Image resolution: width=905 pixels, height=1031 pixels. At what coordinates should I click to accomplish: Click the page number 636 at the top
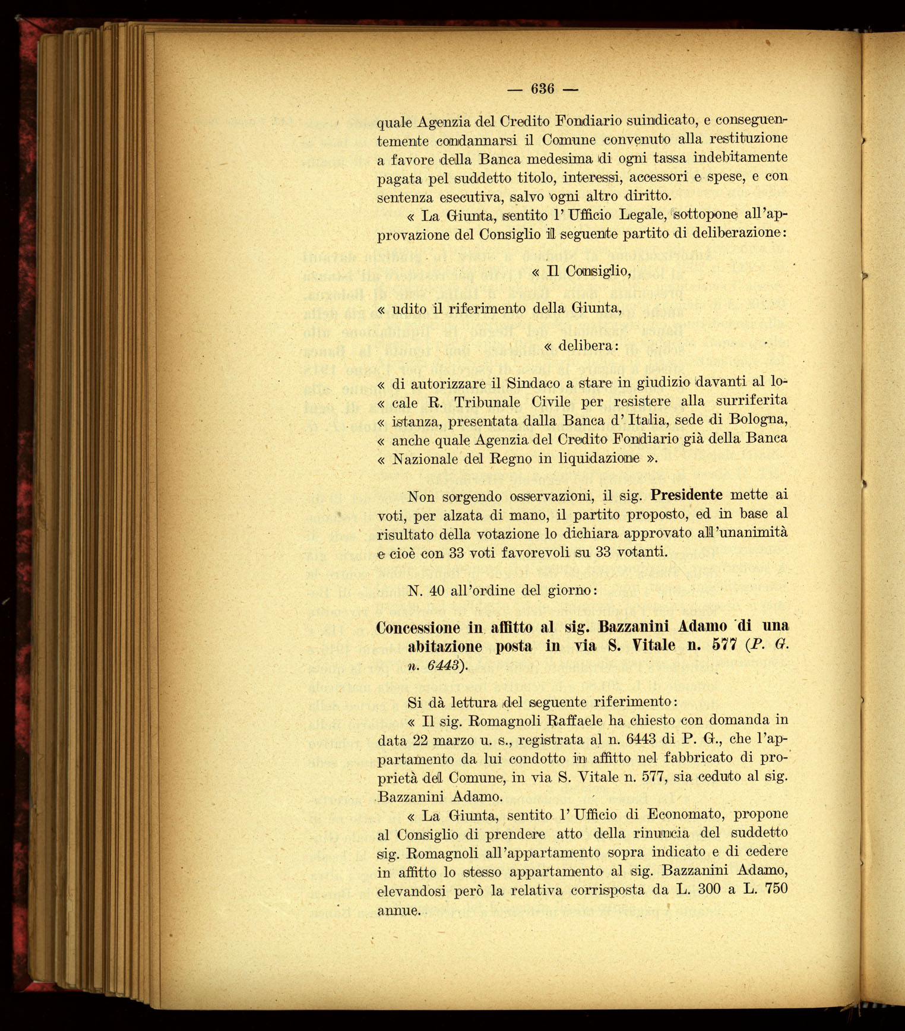[543, 89]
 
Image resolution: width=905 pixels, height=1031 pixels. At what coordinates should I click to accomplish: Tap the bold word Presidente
[686, 495]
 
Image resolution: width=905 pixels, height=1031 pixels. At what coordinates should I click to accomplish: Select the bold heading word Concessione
[418, 627]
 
